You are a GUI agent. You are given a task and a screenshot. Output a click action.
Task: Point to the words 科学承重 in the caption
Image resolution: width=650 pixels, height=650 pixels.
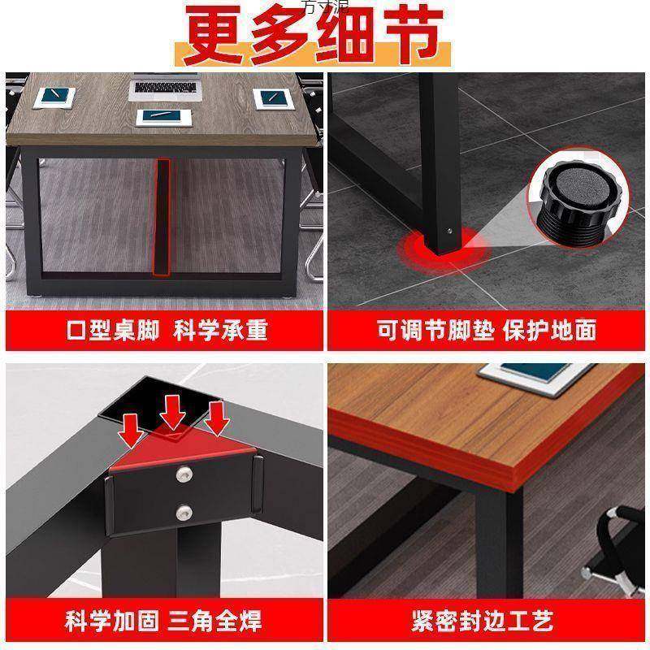[x=224, y=330]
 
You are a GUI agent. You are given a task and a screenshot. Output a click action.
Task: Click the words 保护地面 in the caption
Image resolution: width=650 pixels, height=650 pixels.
[x=557, y=330]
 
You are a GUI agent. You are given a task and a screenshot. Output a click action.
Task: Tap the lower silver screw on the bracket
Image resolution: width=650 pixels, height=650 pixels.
[x=185, y=512]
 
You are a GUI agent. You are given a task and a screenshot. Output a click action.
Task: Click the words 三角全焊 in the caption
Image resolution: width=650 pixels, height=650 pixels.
[x=216, y=622]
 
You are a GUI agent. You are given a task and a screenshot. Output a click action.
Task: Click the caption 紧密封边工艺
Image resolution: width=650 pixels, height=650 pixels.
[x=488, y=622]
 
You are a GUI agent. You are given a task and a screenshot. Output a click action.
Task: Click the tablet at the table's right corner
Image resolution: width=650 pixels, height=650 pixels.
[x=275, y=97]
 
